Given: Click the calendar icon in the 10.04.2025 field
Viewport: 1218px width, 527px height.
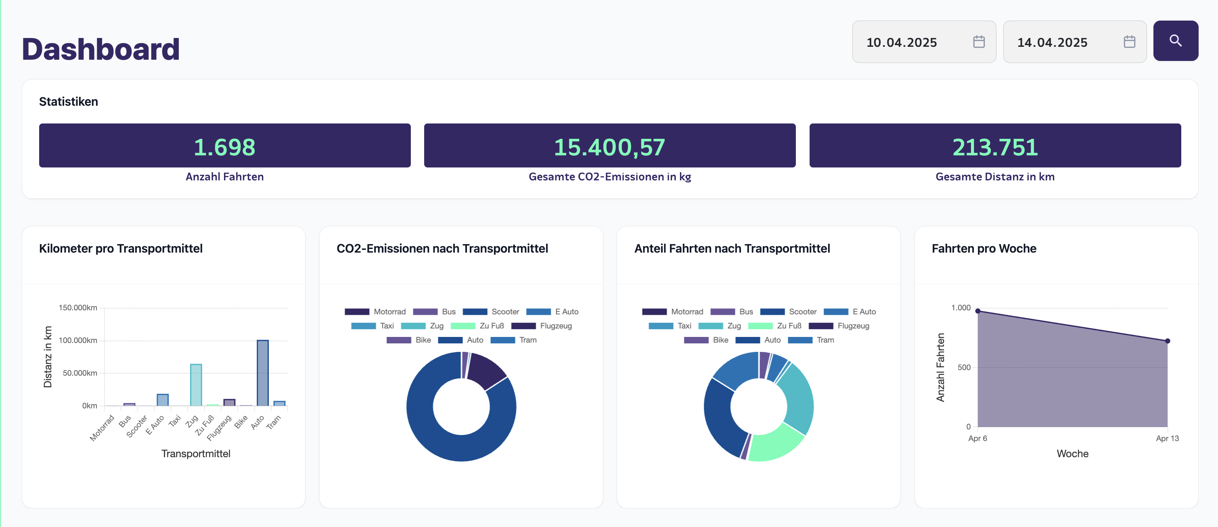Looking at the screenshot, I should click(x=978, y=42).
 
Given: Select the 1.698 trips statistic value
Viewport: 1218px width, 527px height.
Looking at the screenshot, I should click(x=225, y=146).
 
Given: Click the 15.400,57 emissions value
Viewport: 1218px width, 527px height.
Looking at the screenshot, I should click(x=609, y=146).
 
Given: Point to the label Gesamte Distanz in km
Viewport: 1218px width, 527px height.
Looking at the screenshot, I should click(x=994, y=177).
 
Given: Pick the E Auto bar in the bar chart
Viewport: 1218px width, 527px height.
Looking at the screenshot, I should click(x=163, y=400).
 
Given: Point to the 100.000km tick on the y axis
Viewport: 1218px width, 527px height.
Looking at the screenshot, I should click(x=78, y=340).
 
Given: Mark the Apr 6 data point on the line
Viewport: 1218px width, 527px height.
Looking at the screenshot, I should click(x=978, y=311).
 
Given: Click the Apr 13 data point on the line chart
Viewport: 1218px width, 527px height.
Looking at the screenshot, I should click(x=1168, y=341).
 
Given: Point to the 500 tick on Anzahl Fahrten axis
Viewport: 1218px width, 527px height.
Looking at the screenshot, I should click(x=964, y=367).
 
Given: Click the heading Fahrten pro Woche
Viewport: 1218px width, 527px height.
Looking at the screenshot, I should click(x=984, y=249).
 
